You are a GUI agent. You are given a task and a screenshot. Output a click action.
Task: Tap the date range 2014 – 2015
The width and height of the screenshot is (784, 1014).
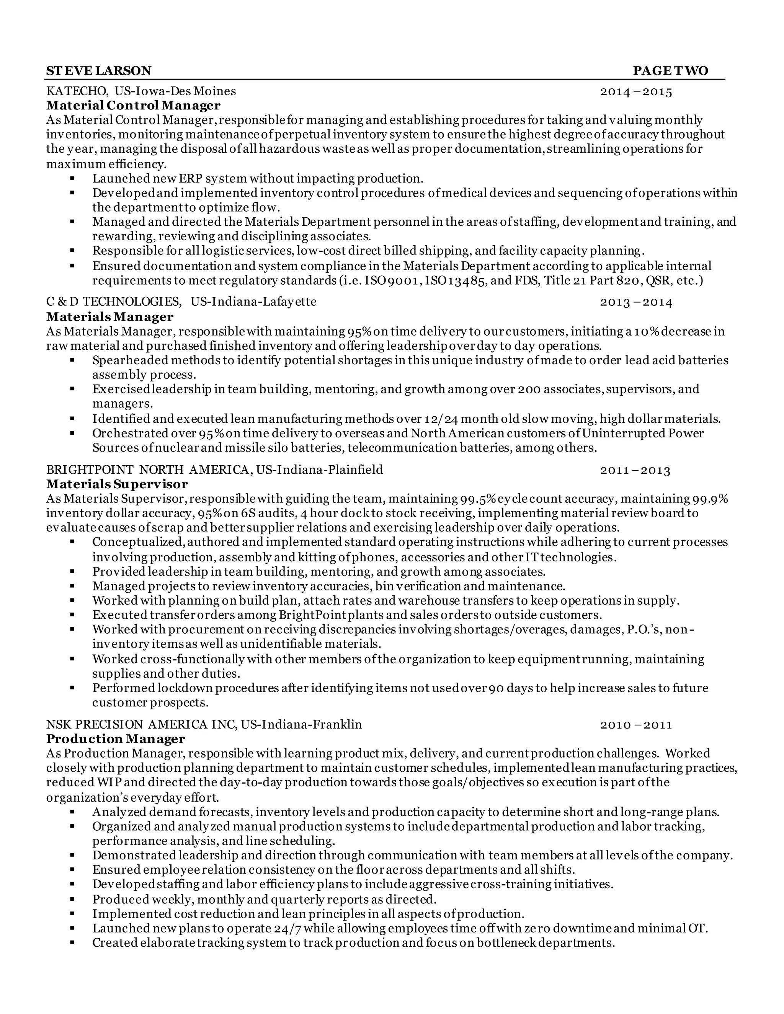click(x=636, y=91)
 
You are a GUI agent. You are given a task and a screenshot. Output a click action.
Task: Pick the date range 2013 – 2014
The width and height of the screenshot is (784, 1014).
click(x=636, y=303)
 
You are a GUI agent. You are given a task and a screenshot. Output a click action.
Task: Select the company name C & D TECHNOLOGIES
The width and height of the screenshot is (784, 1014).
click(x=114, y=302)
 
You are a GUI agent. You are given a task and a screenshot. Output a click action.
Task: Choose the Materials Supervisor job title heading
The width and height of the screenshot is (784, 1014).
click(x=117, y=485)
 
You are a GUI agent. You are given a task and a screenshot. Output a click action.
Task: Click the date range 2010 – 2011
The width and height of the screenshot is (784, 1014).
click(x=636, y=725)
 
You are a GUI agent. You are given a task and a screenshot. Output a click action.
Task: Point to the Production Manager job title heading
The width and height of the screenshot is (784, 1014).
click(x=116, y=738)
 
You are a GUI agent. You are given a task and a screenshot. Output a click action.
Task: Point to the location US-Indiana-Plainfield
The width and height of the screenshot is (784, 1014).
click(x=320, y=470)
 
